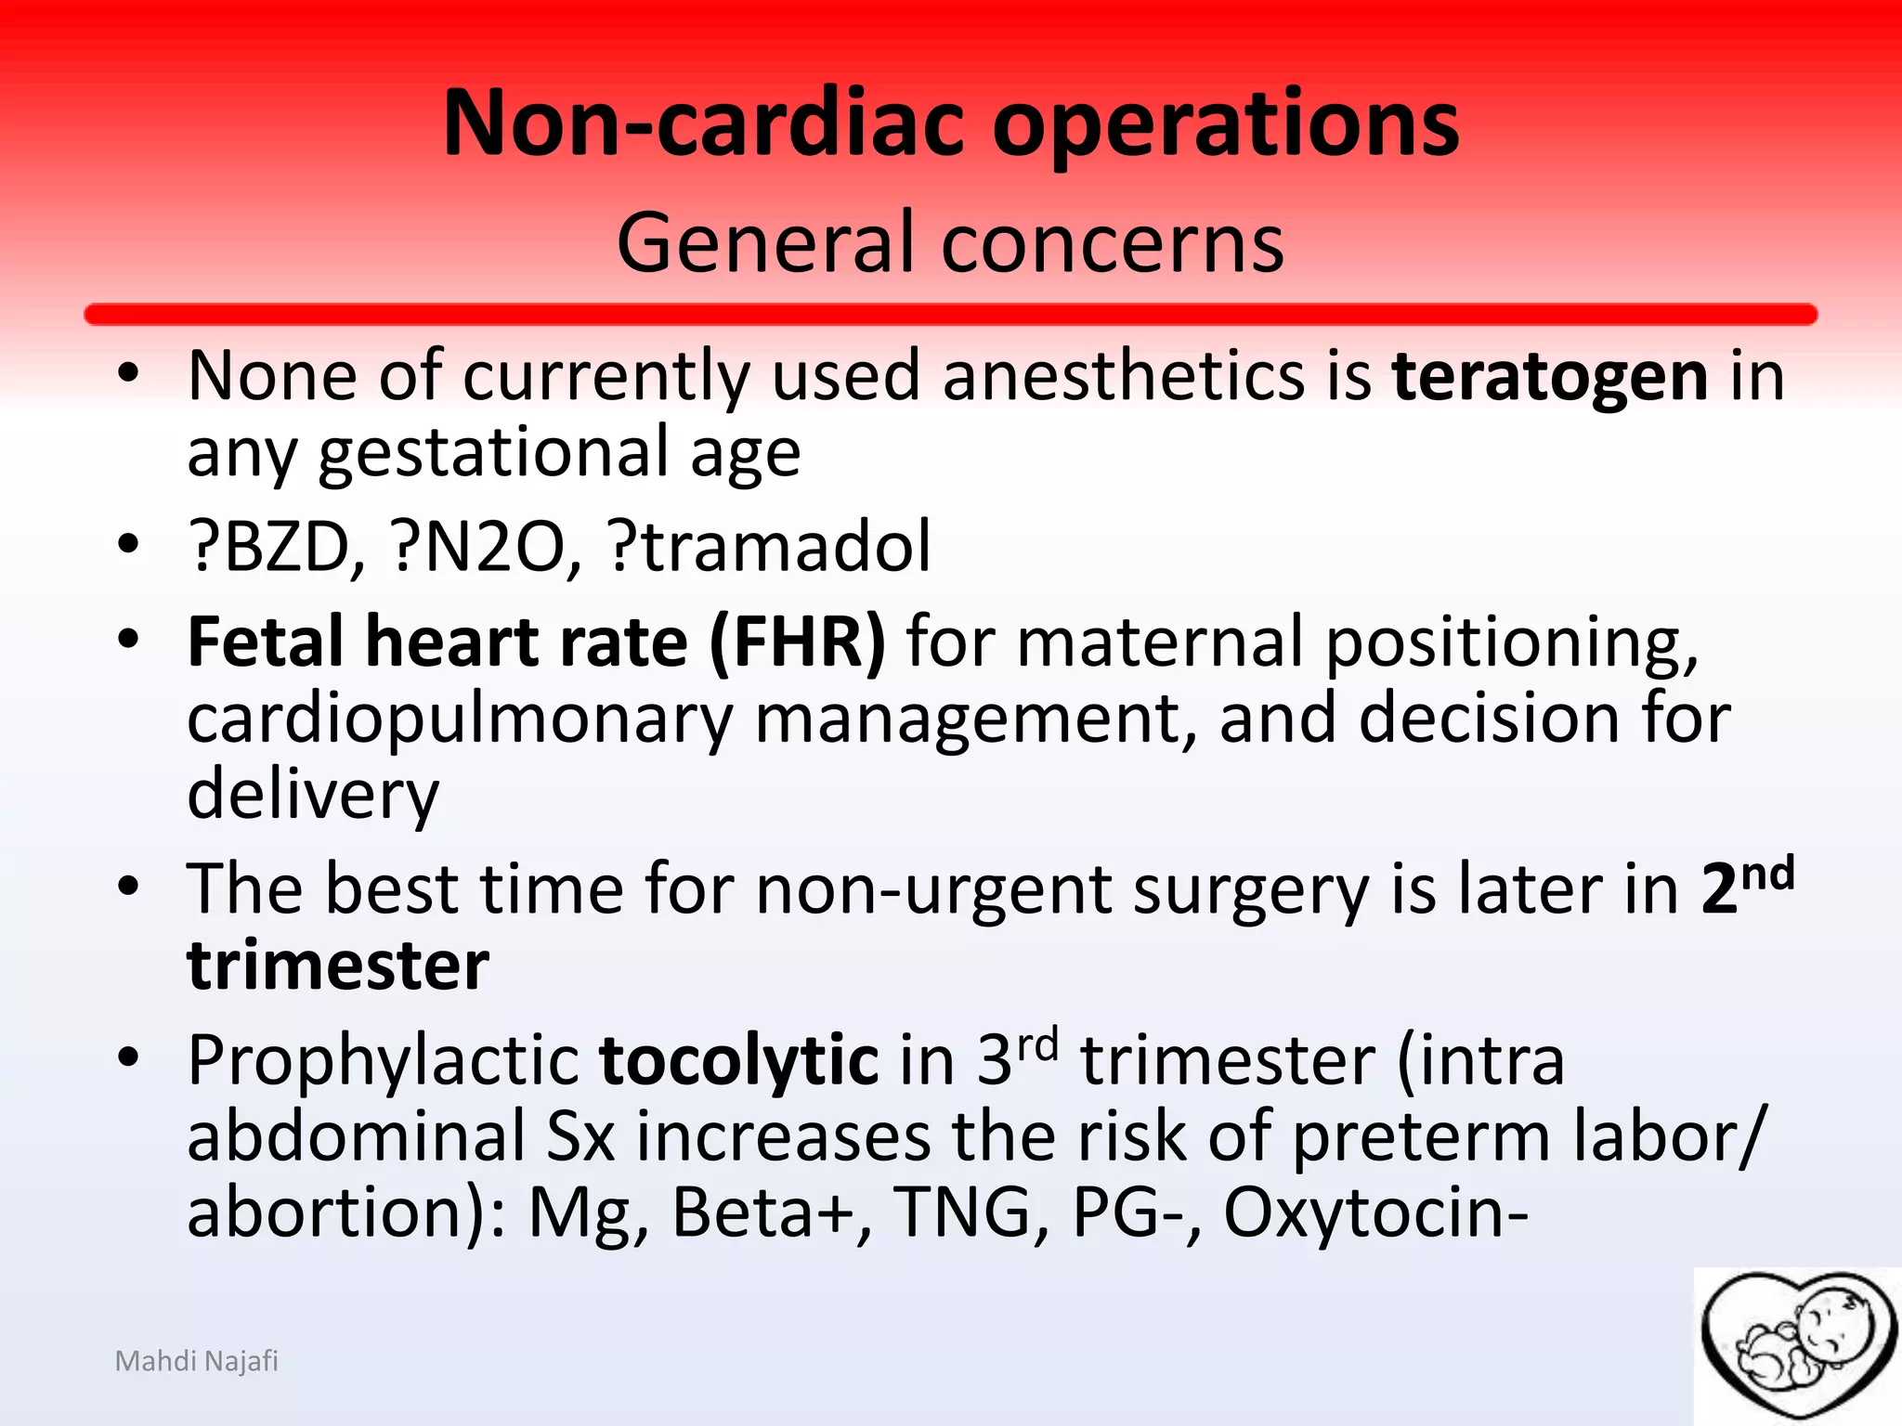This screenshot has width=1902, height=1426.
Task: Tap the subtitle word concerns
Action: click(1113, 243)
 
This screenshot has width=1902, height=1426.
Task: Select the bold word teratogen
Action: click(1549, 376)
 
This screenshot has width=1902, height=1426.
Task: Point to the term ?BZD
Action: click(275, 547)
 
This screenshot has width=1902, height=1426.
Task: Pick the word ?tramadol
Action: click(769, 547)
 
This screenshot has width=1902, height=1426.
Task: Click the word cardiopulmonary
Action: click(460, 719)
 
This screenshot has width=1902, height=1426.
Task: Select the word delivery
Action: click(313, 795)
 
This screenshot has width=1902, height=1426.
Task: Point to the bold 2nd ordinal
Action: click(1747, 887)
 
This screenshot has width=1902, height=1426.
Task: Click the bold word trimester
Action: click(338, 966)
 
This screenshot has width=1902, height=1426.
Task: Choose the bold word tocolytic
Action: click(738, 1060)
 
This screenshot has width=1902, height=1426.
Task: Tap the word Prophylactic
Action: click(384, 1060)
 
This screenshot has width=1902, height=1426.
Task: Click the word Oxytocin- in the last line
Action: click(1374, 1212)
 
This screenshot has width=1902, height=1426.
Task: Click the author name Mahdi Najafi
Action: click(196, 1361)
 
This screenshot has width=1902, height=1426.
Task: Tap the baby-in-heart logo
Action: click(1797, 1345)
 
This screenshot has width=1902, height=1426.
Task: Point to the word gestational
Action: click(493, 453)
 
